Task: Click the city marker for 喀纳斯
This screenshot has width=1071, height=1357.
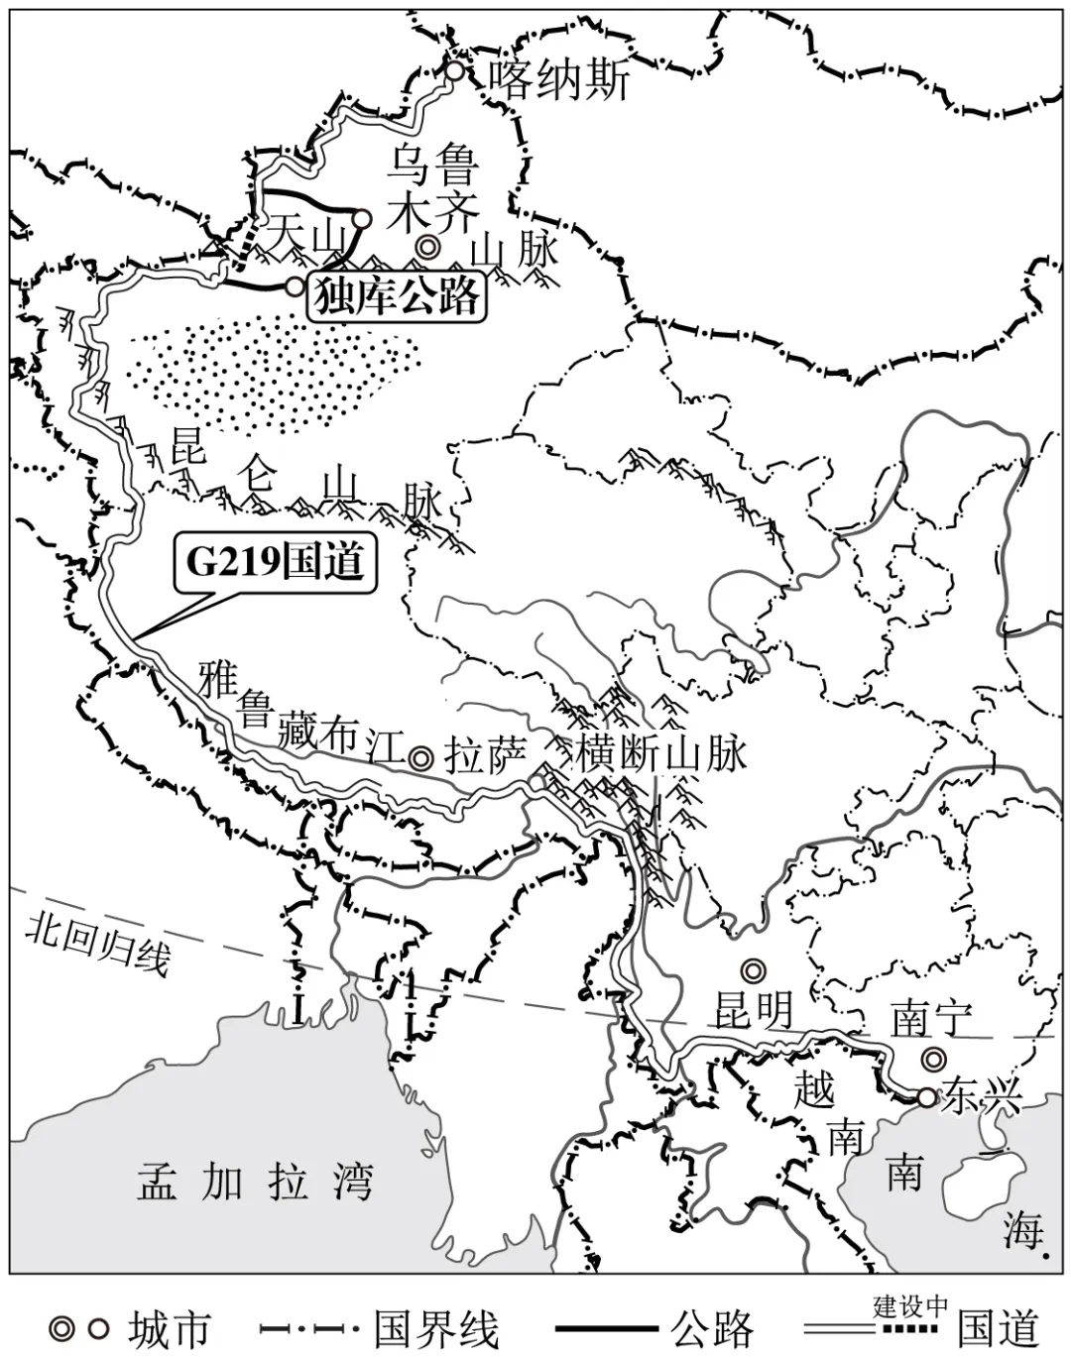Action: coord(453,70)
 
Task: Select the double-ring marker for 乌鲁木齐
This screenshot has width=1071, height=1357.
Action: coord(428,246)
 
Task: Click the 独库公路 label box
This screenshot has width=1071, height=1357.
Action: coord(398,295)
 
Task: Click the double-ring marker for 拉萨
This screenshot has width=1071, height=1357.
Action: coord(420,758)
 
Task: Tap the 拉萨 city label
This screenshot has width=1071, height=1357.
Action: coord(484,757)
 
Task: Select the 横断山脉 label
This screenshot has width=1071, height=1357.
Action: coord(660,754)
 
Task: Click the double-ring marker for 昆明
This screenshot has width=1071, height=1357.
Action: coord(753,968)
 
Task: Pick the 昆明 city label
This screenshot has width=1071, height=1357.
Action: coord(754,1009)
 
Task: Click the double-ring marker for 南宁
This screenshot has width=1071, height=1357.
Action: coord(931,1059)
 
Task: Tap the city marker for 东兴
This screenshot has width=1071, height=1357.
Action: coord(925,1097)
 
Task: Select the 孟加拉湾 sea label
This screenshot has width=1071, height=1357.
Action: coord(254,1183)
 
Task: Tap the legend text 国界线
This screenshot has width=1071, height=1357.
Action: coord(436,1329)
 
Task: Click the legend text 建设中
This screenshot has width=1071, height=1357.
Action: coord(910,1305)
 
